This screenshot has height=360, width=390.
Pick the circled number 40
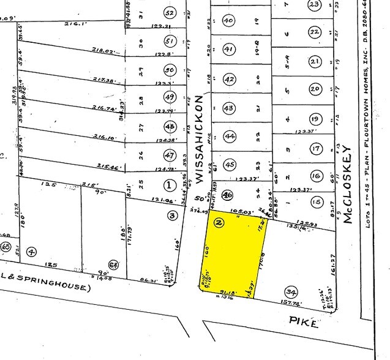(x=230, y=20)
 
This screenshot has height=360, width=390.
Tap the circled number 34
(x=291, y=291)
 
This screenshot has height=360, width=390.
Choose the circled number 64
(x=113, y=264)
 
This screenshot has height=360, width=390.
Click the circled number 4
(x=32, y=250)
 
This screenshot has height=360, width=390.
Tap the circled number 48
(x=170, y=126)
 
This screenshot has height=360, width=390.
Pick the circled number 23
(x=315, y=5)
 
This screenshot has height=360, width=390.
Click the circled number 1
(x=169, y=184)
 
